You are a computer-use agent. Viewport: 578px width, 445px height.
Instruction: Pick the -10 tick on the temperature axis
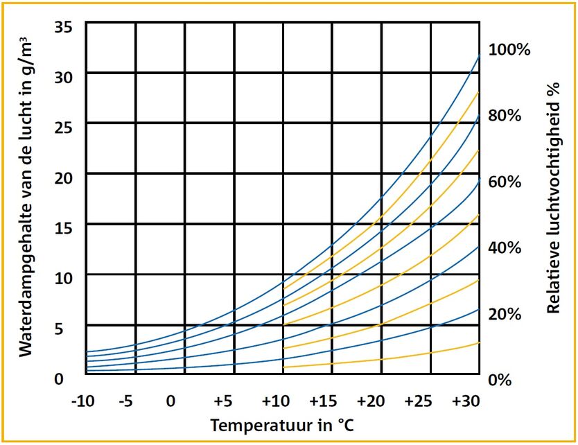(85, 401)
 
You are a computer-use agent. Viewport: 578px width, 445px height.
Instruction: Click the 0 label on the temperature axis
(170, 401)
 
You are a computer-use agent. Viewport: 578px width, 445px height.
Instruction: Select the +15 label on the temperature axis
(324, 401)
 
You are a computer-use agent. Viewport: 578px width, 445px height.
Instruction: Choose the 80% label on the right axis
(505, 116)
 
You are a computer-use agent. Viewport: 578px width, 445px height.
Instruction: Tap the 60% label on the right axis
(505, 182)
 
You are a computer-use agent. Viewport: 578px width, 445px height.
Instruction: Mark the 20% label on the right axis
(505, 314)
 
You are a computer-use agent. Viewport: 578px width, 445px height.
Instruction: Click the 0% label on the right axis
(500, 380)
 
